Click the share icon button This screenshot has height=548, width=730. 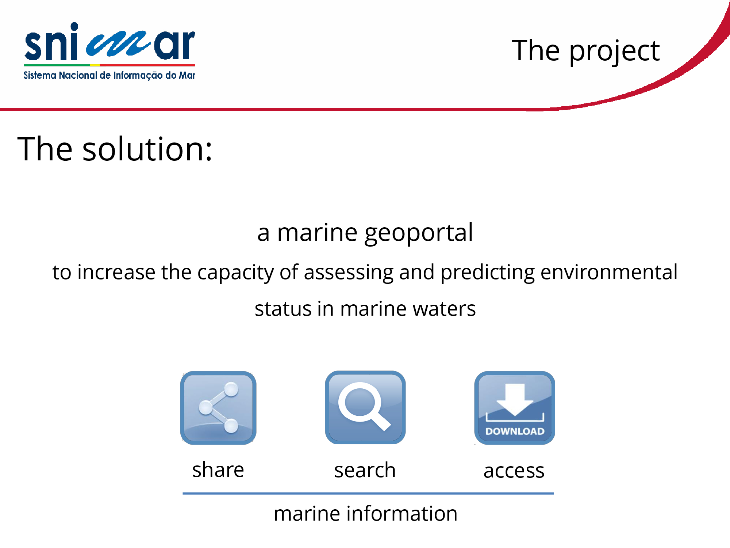click(218, 408)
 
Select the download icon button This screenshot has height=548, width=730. click(514, 408)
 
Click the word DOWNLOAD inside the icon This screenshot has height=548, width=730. click(515, 431)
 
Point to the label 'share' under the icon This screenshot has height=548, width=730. click(218, 469)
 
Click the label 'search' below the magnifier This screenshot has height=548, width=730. click(365, 470)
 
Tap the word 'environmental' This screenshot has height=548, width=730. click(609, 272)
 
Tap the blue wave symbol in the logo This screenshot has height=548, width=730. click(118, 45)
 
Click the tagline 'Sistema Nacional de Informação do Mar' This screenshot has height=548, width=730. click(109, 75)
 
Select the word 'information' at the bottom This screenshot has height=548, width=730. click(401, 513)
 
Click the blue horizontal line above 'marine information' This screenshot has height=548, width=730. click(368, 494)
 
